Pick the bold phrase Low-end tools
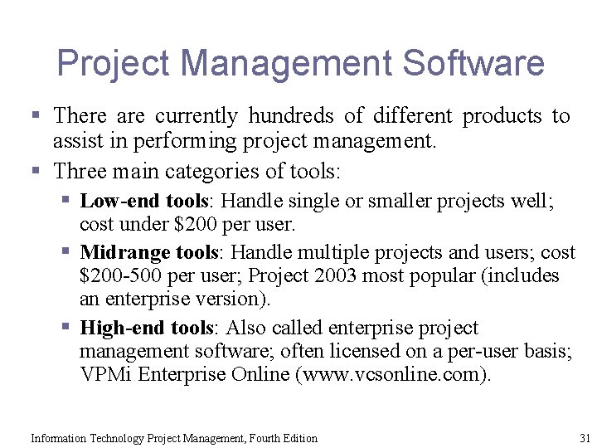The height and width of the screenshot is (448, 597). pos(146,201)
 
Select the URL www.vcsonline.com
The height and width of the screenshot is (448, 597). pos(392,375)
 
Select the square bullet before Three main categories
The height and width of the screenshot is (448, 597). pos(35,173)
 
